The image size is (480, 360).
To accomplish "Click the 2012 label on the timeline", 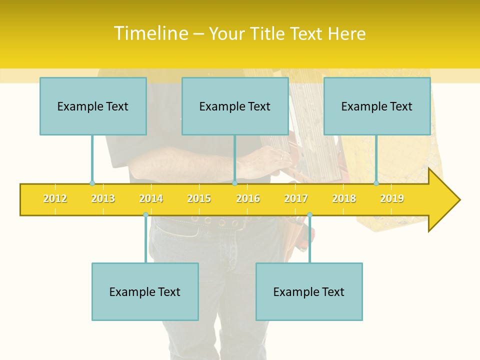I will click(55, 198).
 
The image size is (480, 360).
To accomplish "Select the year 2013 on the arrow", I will click(103, 198).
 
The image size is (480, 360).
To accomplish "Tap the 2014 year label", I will click(151, 198).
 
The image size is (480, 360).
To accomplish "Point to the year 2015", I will click(199, 198).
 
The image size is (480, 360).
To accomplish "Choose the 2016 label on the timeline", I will click(248, 198).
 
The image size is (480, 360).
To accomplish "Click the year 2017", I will click(296, 198).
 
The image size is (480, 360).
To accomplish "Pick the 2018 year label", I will click(344, 198).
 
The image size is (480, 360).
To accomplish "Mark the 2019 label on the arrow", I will click(392, 198).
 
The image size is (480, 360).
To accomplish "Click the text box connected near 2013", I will click(93, 106).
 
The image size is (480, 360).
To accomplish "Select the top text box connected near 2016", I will click(235, 106).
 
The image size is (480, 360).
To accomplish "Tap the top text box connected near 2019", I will click(377, 106).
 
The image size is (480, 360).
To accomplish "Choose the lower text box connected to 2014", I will click(145, 291).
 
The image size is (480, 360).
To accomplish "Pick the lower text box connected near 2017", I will click(309, 291).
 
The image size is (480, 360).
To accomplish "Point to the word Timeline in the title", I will click(150, 33).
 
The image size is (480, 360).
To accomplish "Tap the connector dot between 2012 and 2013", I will click(92, 183).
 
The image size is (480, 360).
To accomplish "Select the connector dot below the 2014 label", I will click(145, 215).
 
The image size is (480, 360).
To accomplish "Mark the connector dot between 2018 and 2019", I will click(376, 183).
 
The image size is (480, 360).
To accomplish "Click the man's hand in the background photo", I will click(265, 162).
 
